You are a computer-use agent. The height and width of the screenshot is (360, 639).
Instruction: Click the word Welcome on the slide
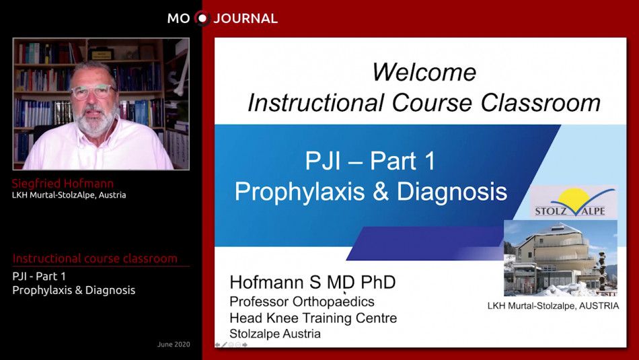click(424, 72)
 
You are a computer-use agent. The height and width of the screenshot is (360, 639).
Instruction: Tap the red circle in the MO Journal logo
click(202, 18)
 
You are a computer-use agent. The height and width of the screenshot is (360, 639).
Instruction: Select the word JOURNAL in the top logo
click(246, 19)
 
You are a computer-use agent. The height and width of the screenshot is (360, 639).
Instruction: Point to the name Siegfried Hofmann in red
click(63, 184)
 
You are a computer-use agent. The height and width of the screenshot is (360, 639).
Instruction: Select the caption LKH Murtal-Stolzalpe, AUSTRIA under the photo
click(552, 306)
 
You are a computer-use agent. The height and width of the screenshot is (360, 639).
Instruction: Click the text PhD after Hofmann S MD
click(378, 283)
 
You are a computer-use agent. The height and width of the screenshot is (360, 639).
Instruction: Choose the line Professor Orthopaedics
click(302, 301)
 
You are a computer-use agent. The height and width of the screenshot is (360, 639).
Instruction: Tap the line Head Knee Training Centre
click(313, 318)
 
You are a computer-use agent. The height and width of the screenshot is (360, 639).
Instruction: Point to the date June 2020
click(174, 345)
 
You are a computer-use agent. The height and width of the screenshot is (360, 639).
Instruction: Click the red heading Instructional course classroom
click(95, 258)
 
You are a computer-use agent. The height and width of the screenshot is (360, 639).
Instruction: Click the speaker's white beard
click(96, 121)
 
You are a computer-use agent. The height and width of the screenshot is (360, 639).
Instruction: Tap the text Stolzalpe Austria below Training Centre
click(275, 334)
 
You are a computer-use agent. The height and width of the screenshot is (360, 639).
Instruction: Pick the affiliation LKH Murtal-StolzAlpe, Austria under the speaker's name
click(69, 195)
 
